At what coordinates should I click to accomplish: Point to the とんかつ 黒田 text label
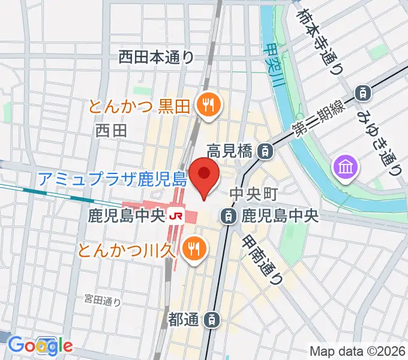click(139, 107)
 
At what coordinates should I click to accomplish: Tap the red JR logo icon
click(176, 214)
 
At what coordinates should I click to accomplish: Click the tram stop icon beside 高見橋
click(264, 151)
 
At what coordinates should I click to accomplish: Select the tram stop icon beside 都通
click(211, 320)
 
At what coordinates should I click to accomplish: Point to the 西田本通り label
click(156, 57)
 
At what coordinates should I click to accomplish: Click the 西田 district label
click(111, 130)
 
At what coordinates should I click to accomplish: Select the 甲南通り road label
click(263, 259)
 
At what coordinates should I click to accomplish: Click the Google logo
click(40, 345)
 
